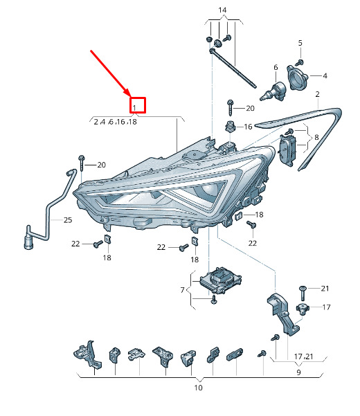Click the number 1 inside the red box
(x=134, y=108)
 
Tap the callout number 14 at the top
(x=222, y=10)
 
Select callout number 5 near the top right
(x=300, y=43)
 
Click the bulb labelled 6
(x=273, y=92)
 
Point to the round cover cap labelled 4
(x=297, y=78)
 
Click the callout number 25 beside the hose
(x=68, y=220)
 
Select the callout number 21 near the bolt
(x=325, y=289)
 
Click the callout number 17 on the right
(x=326, y=307)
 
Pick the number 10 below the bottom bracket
(x=199, y=388)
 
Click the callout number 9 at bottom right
(x=298, y=372)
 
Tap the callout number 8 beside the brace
(x=316, y=138)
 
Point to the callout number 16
(x=248, y=127)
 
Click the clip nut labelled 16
(x=230, y=126)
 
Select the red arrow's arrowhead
(x=127, y=93)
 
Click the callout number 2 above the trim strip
(x=318, y=94)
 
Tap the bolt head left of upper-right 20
(x=230, y=102)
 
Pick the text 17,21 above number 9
(x=304, y=356)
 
